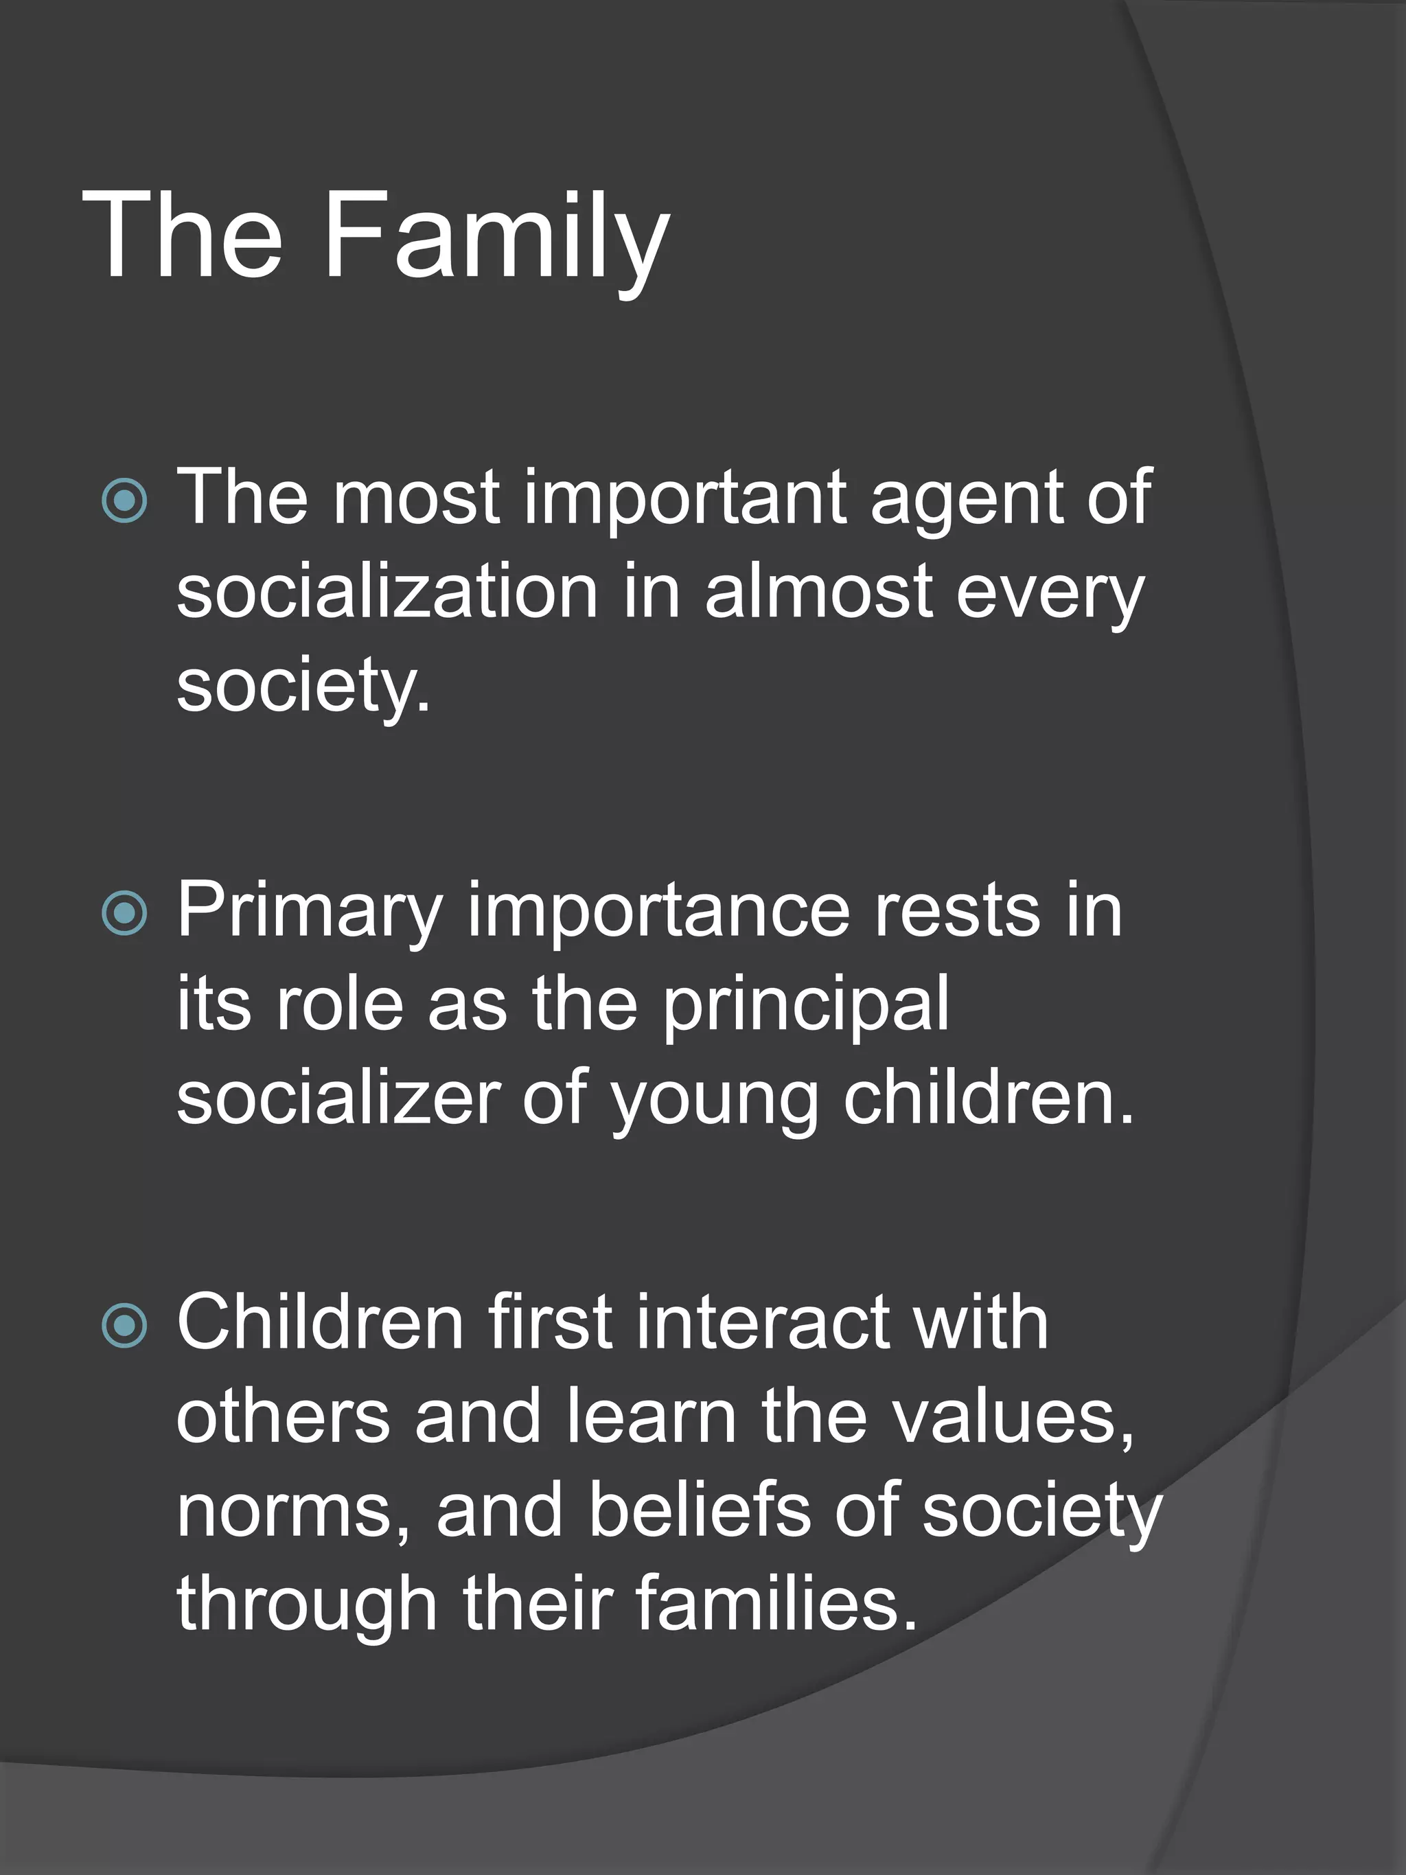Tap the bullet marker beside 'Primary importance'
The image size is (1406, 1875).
tap(124, 913)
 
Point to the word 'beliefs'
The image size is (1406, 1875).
tap(699, 1510)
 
